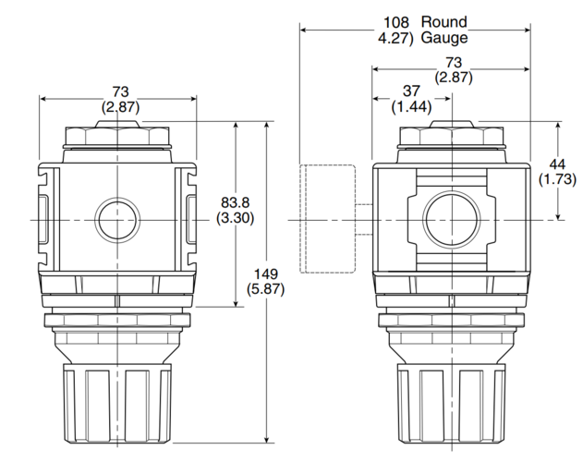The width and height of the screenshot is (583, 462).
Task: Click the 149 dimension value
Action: pyautogui.click(x=266, y=274)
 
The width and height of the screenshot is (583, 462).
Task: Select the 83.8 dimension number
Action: pyautogui.click(x=235, y=202)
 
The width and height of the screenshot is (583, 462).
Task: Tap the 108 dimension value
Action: pyautogui.click(x=396, y=22)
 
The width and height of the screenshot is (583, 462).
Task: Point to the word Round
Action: pyautogui.click(x=443, y=22)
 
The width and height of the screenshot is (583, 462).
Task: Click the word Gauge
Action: pyautogui.click(x=444, y=38)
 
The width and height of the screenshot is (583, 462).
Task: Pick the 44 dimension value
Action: pyautogui.click(x=557, y=164)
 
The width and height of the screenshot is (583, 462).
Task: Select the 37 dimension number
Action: pyautogui.click(x=411, y=91)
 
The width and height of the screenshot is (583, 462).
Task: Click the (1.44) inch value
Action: pyautogui.click(x=411, y=107)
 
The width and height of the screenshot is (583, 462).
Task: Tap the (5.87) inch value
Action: pyautogui.click(x=266, y=289)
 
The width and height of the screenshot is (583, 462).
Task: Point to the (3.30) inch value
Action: pyautogui.click(x=235, y=218)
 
